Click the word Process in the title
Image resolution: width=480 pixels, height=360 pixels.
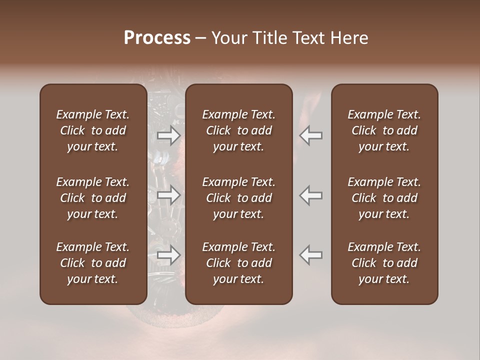[157, 38]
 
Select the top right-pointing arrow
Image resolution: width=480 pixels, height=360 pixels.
[169, 135]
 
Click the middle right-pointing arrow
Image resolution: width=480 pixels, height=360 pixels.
[169, 195]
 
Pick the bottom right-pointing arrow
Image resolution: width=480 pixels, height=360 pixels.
[169, 255]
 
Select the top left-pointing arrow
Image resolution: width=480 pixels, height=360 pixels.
[311, 135]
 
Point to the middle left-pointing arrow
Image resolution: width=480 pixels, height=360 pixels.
[311, 195]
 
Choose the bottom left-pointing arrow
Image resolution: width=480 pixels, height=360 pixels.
[311, 255]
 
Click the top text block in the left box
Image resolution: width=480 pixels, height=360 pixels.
[93, 130]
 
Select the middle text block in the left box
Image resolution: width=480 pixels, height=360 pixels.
[93, 198]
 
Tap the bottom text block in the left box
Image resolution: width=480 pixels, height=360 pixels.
[93, 263]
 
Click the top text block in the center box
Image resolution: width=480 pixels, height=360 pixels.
[239, 130]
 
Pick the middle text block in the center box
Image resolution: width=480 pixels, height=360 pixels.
[239, 198]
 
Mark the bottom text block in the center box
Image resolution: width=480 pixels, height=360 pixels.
[239, 263]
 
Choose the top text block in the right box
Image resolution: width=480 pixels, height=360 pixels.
[384, 130]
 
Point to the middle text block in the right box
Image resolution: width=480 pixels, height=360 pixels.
[384, 198]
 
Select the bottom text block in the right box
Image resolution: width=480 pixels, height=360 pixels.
[384, 263]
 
